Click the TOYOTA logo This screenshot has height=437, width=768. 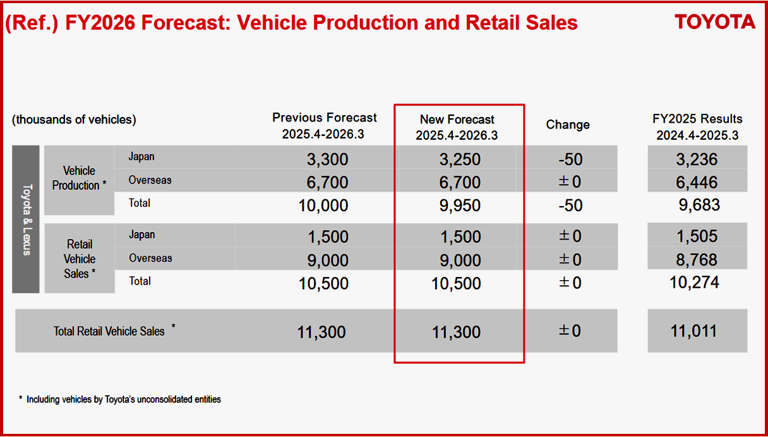click(715, 22)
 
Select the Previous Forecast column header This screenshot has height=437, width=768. click(324, 126)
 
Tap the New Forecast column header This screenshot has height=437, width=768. click(457, 127)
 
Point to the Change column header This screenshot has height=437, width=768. click(568, 125)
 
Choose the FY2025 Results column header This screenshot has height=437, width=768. click(697, 126)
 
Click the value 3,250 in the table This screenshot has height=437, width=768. click(460, 159)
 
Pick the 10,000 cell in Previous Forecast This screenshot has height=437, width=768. click(323, 206)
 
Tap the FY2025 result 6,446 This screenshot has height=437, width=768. click(696, 183)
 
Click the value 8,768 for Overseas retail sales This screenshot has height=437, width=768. click(696, 260)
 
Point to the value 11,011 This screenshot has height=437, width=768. click(693, 331)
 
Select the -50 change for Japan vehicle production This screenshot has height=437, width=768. click(570, 159)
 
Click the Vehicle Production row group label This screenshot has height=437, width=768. click(78, 178)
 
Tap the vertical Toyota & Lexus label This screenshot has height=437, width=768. click(27, 219)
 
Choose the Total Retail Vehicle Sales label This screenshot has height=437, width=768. click(109, 331)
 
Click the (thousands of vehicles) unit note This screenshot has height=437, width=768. click(74, 120)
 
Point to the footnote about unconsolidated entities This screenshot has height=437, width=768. click(121, 400)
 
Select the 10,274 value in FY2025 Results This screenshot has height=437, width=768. click(694, 282)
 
